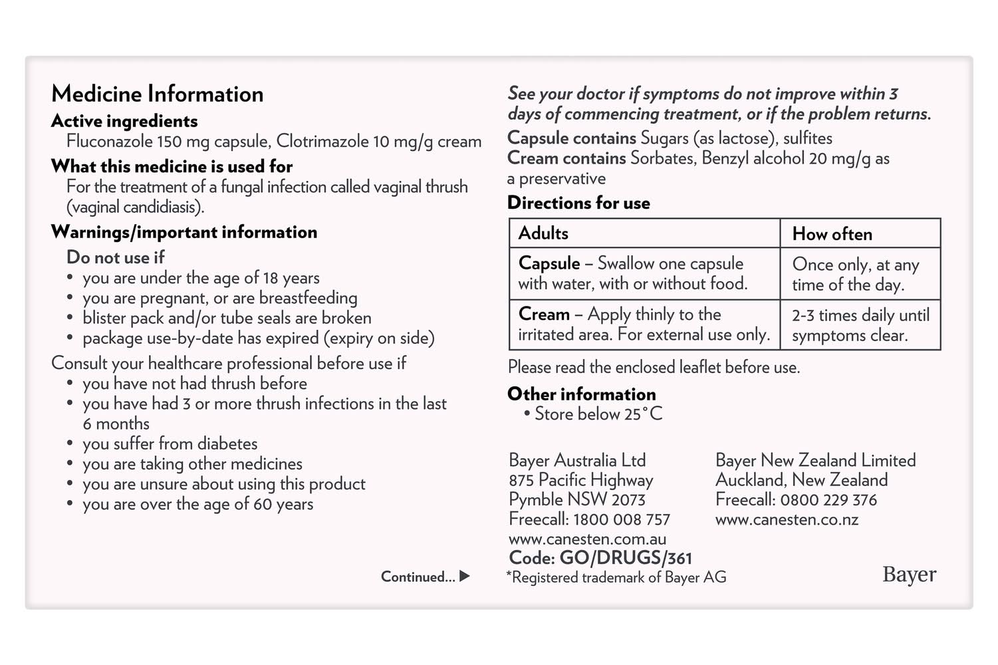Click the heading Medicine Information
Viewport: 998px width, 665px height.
pos(157,94)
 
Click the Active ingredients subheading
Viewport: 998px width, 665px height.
pos(124,121)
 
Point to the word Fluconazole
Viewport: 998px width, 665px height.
pos(109,142)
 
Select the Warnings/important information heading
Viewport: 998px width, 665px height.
pos(184,232)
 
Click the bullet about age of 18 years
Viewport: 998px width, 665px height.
pos(201,278)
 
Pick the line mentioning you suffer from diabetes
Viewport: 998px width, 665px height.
pos(170,444)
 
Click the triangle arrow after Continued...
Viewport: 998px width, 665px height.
pos(465,576)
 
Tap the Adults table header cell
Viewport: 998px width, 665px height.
pos(543,233)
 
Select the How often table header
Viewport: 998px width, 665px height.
pos(832,234)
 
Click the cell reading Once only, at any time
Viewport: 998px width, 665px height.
pos(856,274)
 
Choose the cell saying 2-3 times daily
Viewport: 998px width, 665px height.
pos(860,325)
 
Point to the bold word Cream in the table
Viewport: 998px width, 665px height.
pos(544,314)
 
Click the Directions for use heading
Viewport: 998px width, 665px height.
pos(578,203)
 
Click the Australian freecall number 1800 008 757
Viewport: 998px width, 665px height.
pos(621,519)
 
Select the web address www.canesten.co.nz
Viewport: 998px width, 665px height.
pos(787,519)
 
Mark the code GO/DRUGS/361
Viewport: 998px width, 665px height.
pos(626,558)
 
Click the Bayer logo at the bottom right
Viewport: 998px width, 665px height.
pos(909,574)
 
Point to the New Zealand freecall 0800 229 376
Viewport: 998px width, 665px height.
pos(828,499)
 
